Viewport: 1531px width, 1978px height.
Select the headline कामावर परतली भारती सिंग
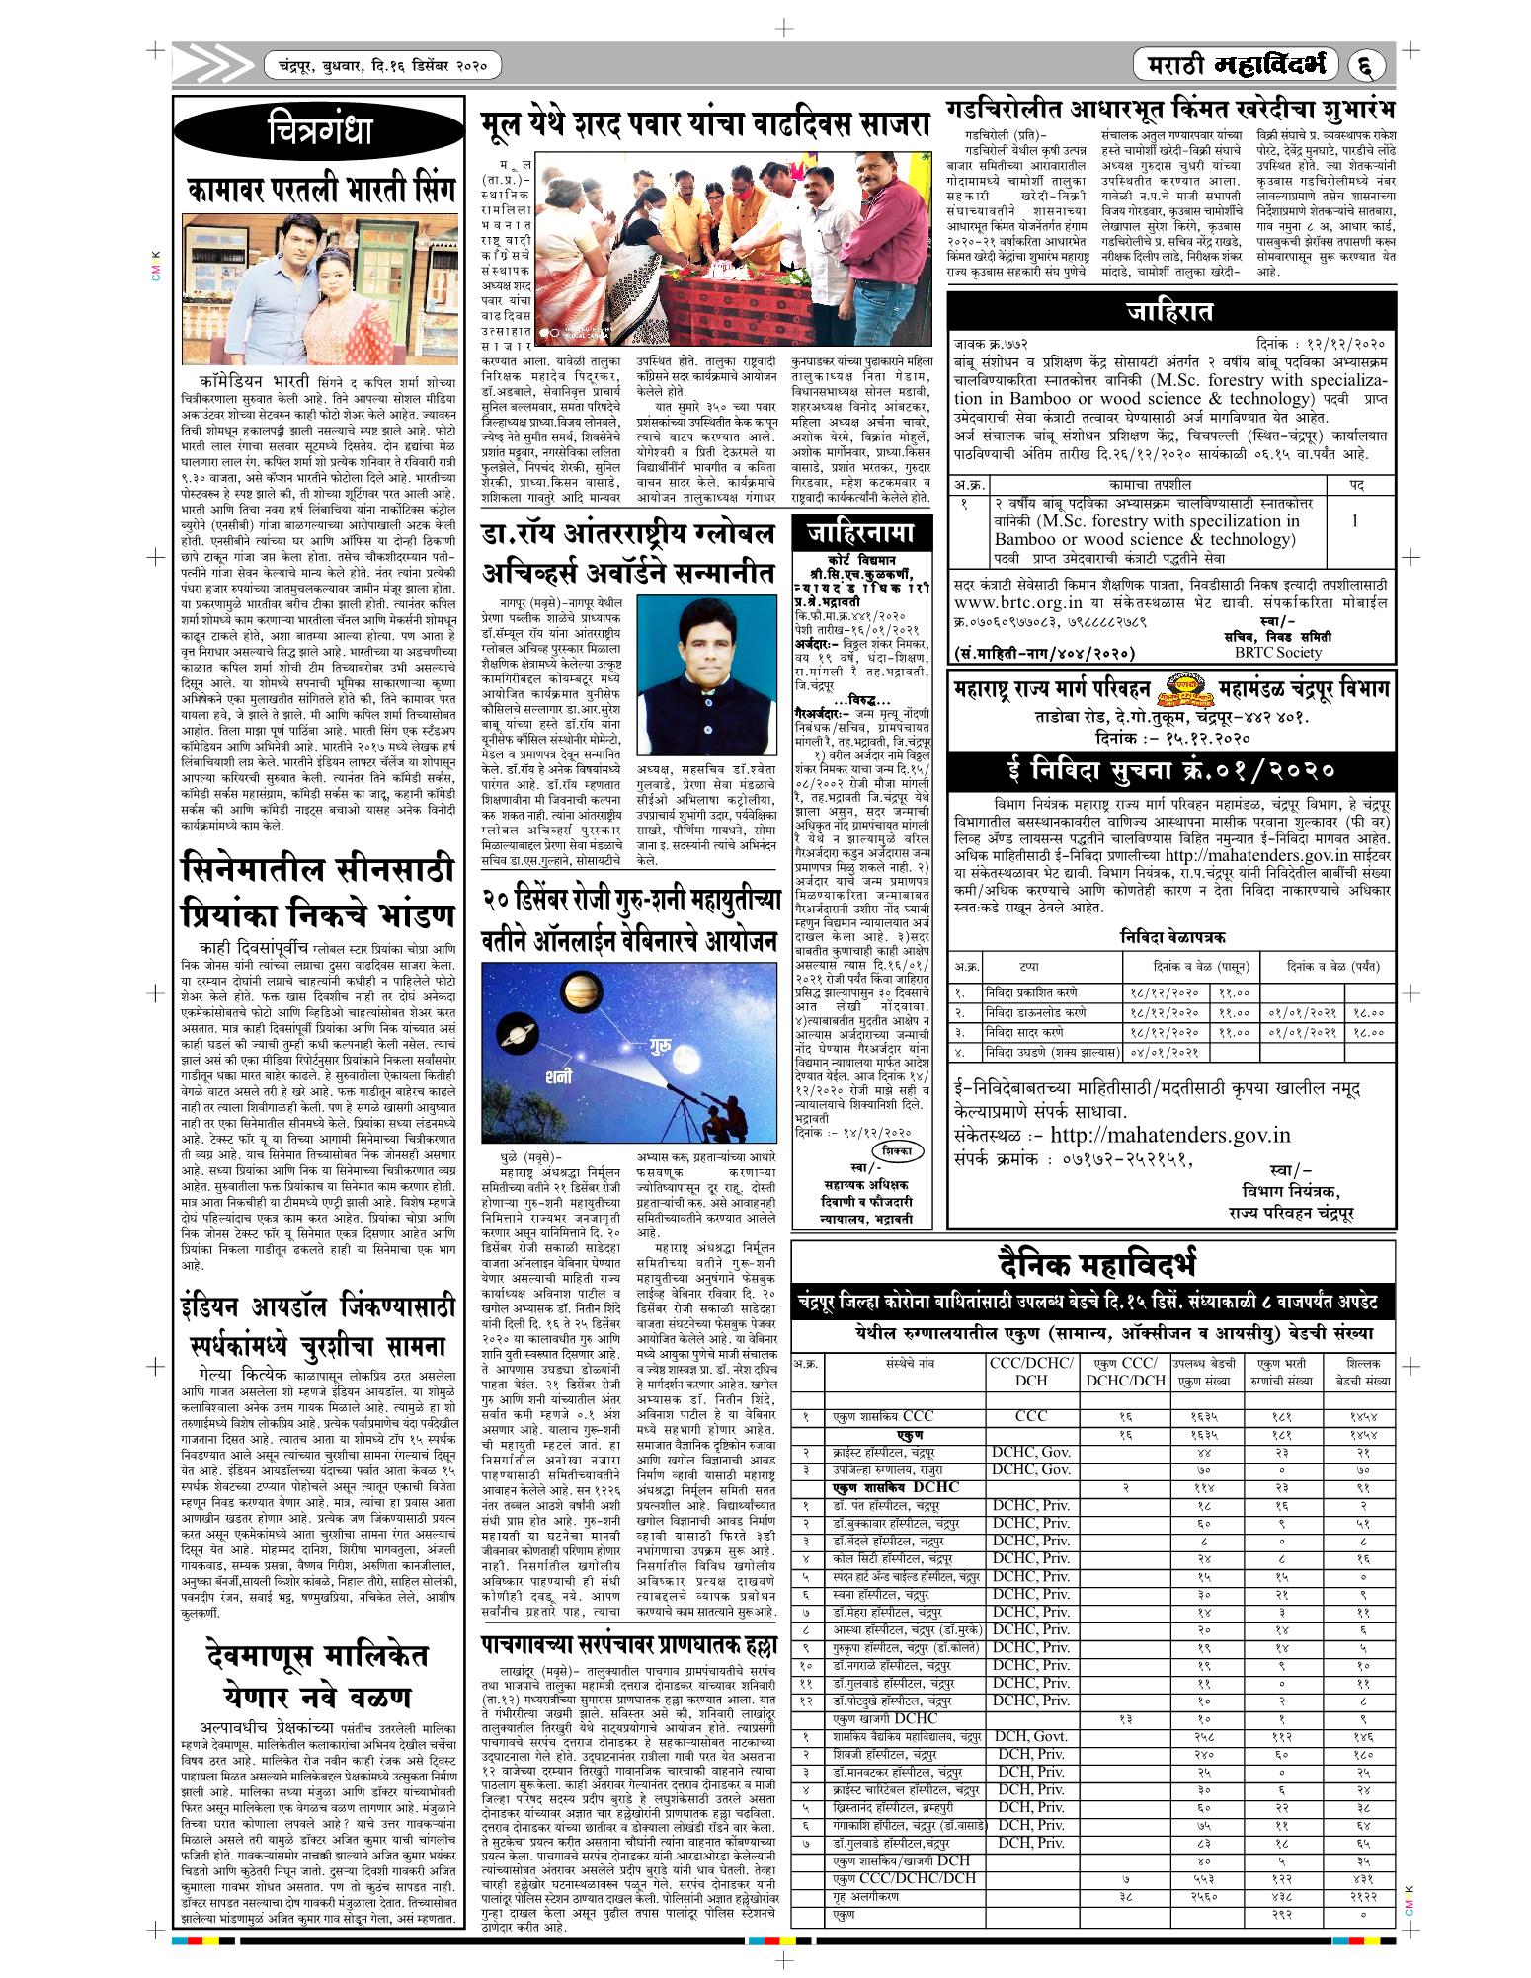[319, 189]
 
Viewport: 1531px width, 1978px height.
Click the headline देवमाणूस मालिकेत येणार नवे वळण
[319, 1678]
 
